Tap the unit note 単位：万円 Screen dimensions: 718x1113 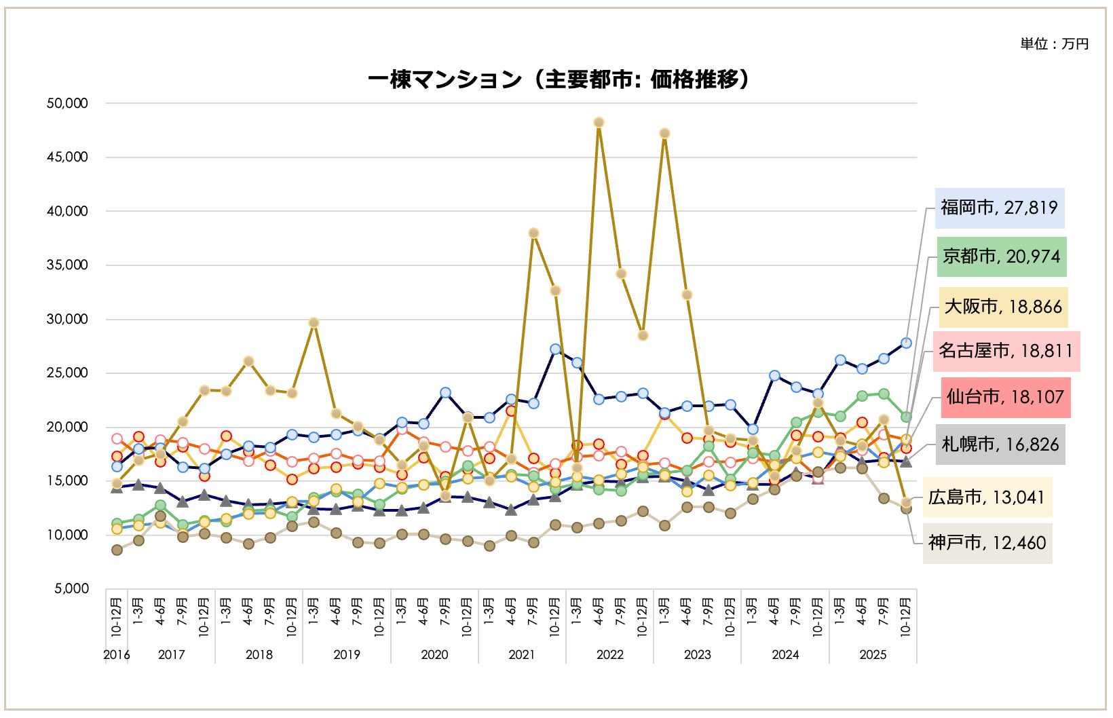[1054, 44]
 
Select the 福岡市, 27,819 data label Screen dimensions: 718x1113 [999, 208]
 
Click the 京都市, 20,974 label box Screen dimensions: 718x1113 [1001, 257]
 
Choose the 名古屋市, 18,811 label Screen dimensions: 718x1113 [1006, 351]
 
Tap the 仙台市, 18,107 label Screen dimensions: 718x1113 [1005, 397]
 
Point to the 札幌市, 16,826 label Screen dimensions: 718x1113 [1000, 445]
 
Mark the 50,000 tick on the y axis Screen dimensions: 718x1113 [67, 103]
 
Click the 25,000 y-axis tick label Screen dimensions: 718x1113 [67, 373]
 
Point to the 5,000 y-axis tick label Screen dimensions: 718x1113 [71, 588]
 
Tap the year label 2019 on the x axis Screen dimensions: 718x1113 [347, 655]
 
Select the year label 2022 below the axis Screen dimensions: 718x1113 [609, 655]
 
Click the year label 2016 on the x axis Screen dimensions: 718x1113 [116, 655]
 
